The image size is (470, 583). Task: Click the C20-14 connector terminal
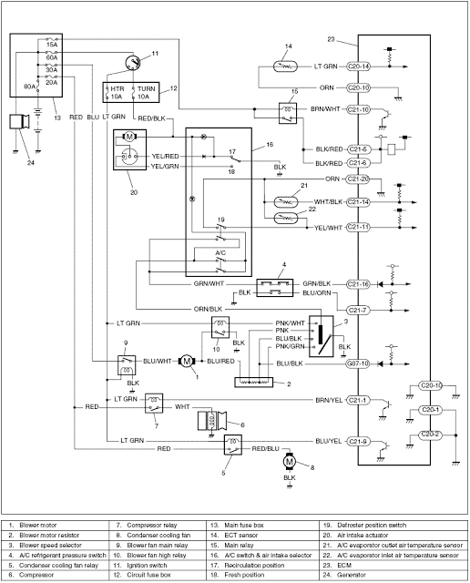[358, 66]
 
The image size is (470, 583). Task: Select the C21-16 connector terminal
[358, 284]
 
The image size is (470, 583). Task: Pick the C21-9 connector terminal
[358, 442]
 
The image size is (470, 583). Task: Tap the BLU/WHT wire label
[158, 362]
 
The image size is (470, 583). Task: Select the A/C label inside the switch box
[220, 252]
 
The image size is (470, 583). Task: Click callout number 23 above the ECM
[332, 39]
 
